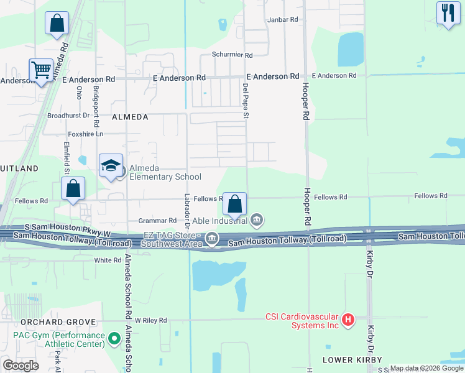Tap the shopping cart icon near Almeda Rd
click(x=41, y=70)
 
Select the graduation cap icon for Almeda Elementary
click(x=110, y=165)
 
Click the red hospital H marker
click(x=348, y=320)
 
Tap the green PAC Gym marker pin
click(x=114, y=339)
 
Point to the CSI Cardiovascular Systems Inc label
click(x=302, y=320)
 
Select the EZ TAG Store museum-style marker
click(x=212, y=238)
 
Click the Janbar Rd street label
click(x=283, y=20)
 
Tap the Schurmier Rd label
click(x=232, y=55)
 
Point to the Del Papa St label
click(x=246, y=101)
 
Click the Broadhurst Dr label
click(x=69, y=116)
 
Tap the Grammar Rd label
click(x=157, y=221)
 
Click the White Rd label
click(x=108, y=260)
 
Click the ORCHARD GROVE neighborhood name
click(x=58, y=322)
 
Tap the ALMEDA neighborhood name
click(x=130, y=117)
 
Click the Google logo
click(x=21, y=366)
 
